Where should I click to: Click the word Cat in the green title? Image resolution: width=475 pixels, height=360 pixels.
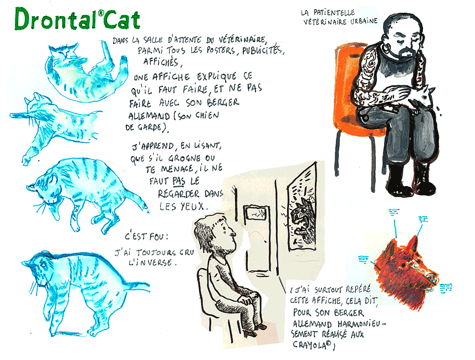pyautogui.click(x=121, y=19)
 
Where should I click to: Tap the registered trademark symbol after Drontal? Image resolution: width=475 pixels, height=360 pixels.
pyautogui.click(x=101, y=13)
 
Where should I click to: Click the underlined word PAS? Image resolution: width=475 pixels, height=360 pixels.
pyautogui.click(x=178, y=181)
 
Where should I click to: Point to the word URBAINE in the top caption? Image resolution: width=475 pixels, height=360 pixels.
pyautogui.click(x=364, y=21)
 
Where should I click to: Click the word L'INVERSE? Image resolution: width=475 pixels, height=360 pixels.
pyautogui.click(x=152, y=262)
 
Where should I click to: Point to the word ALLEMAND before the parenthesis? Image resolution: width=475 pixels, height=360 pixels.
pyautogui.click(x=149, y=116)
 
